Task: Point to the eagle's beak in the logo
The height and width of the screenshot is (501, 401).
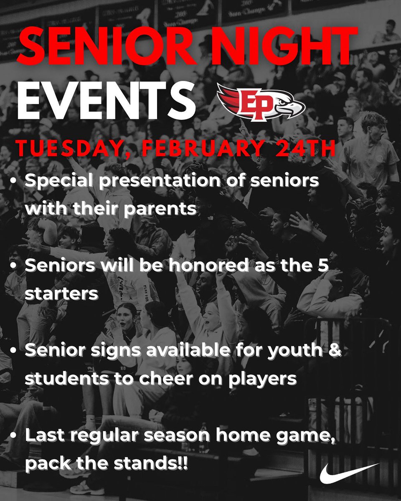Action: click(299, 109)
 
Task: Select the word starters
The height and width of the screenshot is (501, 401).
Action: click(61, 293)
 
